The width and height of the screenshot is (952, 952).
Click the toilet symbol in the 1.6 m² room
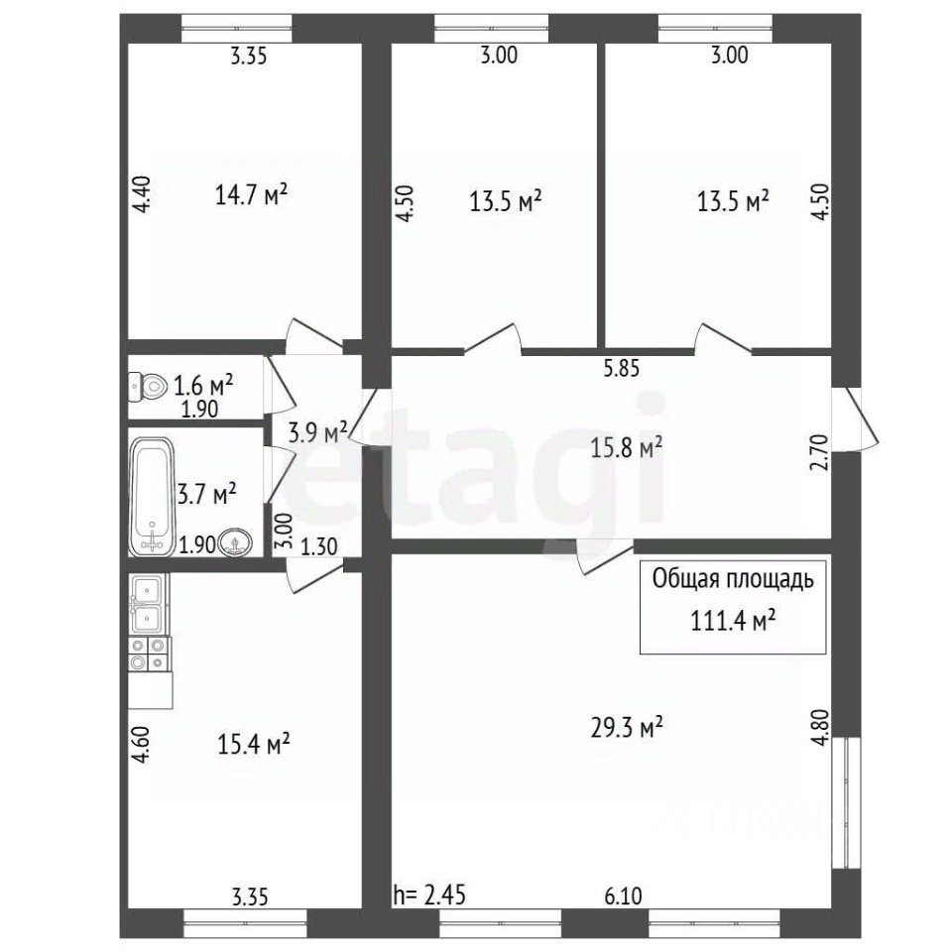148,386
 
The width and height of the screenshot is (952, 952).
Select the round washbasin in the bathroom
235,542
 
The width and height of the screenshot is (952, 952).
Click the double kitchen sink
147,604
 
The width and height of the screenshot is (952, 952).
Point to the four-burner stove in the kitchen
148,654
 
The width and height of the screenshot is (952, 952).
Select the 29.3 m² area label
627,727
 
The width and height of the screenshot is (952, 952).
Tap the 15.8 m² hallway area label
627,448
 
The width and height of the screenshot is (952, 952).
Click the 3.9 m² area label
317,432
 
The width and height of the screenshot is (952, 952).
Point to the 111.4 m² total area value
733,621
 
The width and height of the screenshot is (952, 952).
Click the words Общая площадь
733,580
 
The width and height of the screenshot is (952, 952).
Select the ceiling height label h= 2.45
429,894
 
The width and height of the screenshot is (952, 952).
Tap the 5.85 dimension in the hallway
621,368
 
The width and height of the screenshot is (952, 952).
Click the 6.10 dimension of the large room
623,895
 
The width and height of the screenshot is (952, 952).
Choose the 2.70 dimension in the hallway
819,453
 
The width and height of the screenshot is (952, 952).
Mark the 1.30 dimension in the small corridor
319,547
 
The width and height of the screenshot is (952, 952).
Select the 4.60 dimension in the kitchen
141,746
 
